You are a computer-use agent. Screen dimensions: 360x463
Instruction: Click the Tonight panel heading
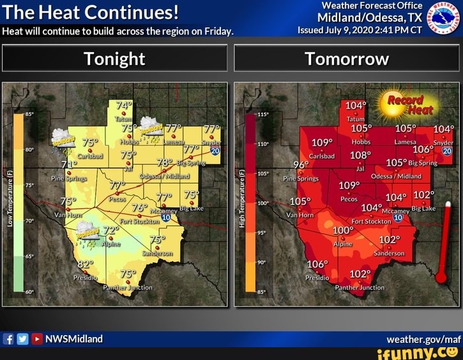pos(115,59)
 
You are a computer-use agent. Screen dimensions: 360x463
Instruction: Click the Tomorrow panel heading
pos(347,59)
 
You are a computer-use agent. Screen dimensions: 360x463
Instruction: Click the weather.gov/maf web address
pos(423,339)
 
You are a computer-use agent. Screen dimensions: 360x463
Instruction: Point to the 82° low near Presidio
pos(86,264)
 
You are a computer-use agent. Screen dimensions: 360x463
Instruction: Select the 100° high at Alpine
pos(343,230)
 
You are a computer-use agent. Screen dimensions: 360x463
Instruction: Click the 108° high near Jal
pos(360,155)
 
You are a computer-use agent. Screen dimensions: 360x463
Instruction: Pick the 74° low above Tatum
pos(124,105)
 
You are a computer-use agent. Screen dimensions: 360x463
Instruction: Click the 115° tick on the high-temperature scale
pos(262,115)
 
